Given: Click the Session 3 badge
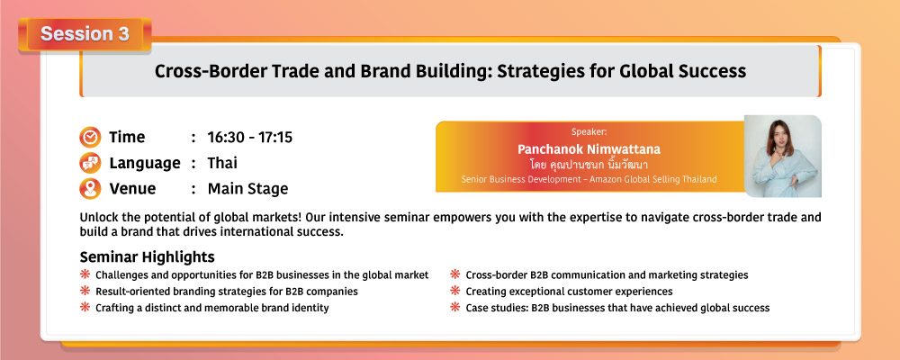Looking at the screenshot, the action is coord(85,34).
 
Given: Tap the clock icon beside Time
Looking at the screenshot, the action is coord(89,138).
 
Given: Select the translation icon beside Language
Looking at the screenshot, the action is coord(89,163).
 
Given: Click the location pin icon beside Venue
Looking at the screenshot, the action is coord(89,189).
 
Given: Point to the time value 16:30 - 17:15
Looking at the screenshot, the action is coord(249,138).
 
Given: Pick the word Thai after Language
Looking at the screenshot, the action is coord(222,163).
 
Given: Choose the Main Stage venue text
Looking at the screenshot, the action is coord(248,189).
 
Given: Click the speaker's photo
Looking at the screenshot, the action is coord(783,157).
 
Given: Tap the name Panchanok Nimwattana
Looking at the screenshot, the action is coord(589,149).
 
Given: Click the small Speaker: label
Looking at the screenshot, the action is coord(589,132).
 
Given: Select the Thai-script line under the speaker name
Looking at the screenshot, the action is coord(589,164).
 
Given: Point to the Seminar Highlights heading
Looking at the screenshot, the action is coord(148,256).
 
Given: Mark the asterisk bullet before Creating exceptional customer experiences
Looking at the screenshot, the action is coord(455,291).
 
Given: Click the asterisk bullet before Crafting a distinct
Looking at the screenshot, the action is coord(85,307).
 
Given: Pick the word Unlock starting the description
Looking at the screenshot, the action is coord(97,218).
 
